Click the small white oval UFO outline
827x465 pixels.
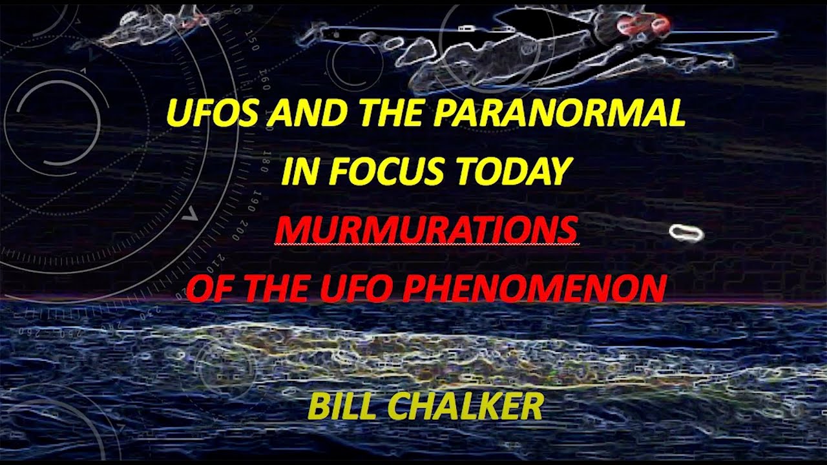pyautogui.click(x=686, y=233)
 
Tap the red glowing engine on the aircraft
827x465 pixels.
pyautogui.click(x=642, y=25)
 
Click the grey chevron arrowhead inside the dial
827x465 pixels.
pyautogui.click(x=190, y=216)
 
